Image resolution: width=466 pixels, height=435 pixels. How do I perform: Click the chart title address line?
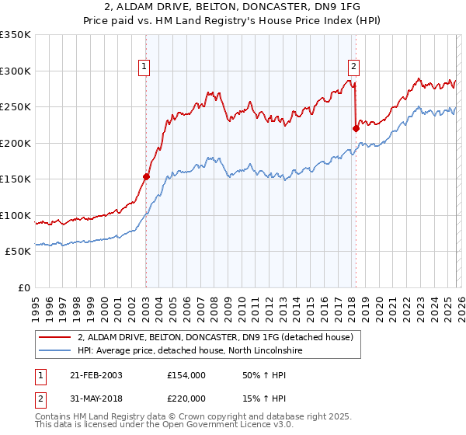click(233, 7)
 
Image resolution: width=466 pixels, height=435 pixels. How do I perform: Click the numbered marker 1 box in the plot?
click(145, 68)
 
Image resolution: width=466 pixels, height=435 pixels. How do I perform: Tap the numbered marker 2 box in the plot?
click(353, 68)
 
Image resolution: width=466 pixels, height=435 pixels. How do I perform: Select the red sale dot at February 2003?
click(146, 176)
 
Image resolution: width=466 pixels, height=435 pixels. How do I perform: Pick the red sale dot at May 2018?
click(356, 129)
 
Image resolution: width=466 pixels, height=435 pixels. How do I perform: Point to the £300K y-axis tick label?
click(16, 71)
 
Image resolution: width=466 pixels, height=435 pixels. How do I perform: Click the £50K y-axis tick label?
click(18, 252)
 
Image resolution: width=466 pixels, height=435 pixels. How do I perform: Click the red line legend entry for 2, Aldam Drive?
click(215, 337)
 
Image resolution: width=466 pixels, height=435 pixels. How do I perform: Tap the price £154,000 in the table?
click(186, 375)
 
